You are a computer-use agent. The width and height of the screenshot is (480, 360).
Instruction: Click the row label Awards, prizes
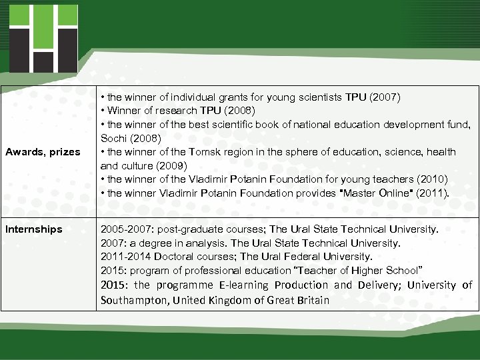[43, 152]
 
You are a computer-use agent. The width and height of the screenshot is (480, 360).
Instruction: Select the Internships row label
[33, 229]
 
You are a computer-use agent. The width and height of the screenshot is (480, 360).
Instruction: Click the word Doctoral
[173, 257]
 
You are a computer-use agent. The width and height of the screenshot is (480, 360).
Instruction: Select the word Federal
[303, 257]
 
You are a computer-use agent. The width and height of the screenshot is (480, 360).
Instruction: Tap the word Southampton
[133, 300]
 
